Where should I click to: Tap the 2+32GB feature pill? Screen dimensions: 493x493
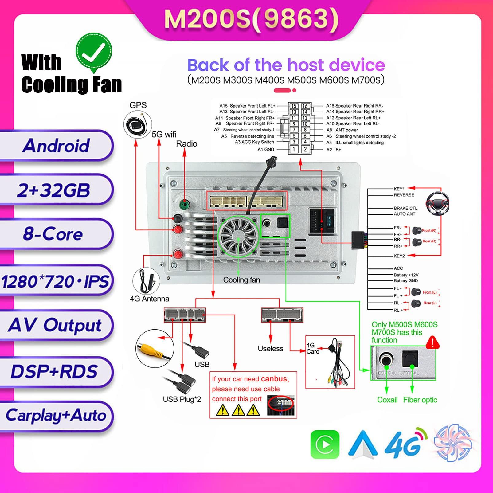tap(54, 190)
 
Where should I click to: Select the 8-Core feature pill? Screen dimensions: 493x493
tap(53, 234)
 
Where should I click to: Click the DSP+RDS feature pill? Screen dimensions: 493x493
tap(54, 371)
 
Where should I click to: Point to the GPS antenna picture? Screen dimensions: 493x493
tap(138, 125)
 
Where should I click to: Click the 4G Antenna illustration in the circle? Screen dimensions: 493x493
tap(146, 281)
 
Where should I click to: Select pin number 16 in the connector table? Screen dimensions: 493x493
tap(305, 106)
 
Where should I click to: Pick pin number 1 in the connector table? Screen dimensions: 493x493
tap(294, 149)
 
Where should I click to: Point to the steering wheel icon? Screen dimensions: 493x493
tap(437, 203)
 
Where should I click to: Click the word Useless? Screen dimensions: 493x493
tap(270, 349)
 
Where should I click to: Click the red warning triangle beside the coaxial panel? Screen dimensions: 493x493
tap(432, 342)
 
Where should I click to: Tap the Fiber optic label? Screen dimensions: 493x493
tap(420, 400)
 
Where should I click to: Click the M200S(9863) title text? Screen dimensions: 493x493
tap(251, 19)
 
